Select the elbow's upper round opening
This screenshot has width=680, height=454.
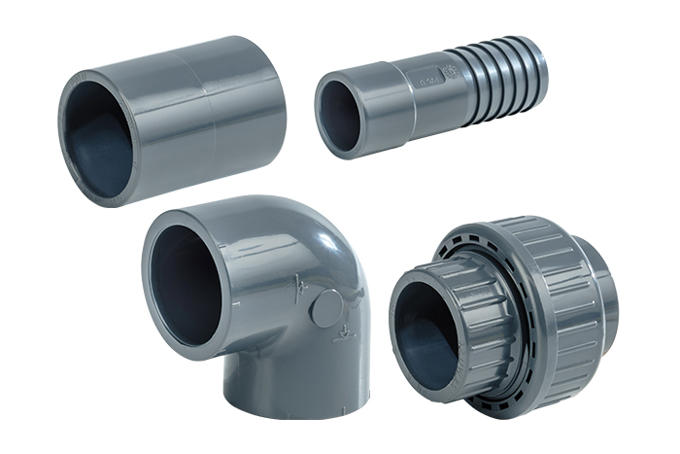(186, 271)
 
